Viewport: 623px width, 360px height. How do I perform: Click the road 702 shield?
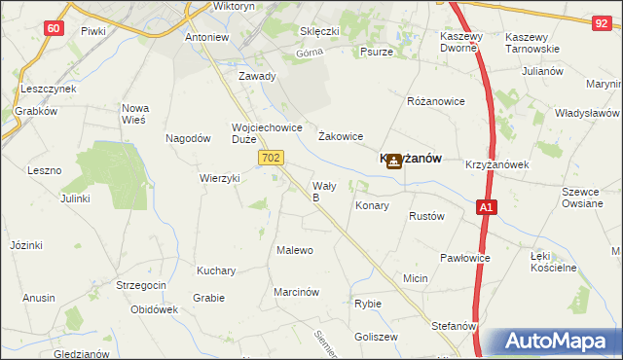click(272, 157)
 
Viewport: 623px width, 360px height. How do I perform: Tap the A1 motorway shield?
click(488, 207)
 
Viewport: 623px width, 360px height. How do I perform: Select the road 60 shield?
click(54, 28)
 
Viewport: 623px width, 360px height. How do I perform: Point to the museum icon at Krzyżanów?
click(394, 162)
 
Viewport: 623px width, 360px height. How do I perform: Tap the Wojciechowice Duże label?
click(267, 132)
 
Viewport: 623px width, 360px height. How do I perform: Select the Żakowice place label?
click(341, 137)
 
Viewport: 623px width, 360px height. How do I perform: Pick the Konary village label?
click(372, 206)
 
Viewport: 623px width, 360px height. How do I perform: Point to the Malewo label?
click(295, 250)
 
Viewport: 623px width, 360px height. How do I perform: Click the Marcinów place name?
click(297, 291)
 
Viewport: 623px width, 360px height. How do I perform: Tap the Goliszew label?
click(377, 336)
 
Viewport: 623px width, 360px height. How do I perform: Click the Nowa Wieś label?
click(133, 114)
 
